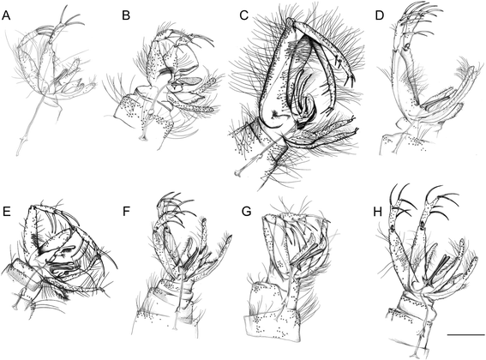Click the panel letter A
(6, 15)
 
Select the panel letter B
(126, 15)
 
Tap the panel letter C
(244, 15)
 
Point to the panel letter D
(380, 15)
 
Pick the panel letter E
(6, 212)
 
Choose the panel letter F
(126, 212)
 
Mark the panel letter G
(246, 212)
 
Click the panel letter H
(379, 212)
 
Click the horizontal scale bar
(465, 335)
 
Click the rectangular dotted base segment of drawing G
(273, 326)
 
